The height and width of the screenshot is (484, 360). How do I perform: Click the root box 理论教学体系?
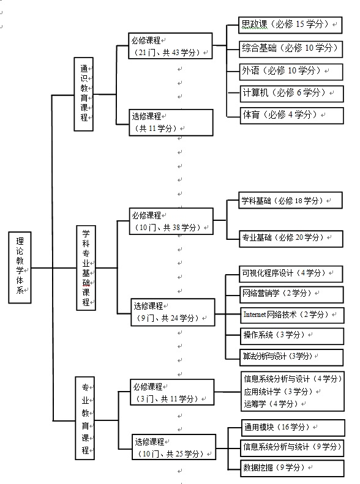tap(20, 267)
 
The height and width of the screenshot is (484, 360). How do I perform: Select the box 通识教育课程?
tap(84, 94)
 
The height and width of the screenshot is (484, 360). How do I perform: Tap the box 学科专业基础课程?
tap(86, 267)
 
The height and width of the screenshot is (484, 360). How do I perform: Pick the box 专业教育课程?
tap(85, 418)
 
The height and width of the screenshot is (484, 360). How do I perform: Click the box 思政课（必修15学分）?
tap(290, 25)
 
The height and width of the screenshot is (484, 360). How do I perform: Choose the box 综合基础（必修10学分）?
tap(291, 49)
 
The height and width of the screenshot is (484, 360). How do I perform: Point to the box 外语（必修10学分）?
tap(291, 72)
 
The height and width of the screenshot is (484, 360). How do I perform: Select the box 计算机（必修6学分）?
tap(292, 94)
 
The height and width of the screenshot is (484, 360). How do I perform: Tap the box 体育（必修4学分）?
tap(292, 116)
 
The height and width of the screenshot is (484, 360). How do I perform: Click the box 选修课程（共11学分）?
tap(171, 122)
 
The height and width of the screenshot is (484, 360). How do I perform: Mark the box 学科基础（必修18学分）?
tap(291, 200)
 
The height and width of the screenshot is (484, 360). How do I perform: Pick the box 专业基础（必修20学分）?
tap(291, 239)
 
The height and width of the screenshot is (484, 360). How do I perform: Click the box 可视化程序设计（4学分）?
tap(291, 274)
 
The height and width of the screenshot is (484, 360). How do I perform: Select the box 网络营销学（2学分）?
tap(292, 294)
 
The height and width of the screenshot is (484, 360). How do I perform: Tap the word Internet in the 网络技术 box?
tap(255, 315)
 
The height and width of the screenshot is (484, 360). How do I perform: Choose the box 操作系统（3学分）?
tap(292, 336)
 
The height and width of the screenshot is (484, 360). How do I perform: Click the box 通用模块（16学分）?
tap(293, 428)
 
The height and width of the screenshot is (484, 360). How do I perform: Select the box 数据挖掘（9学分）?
tap(293, 468)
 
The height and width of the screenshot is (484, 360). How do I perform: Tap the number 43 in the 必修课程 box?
tap(175, 53)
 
